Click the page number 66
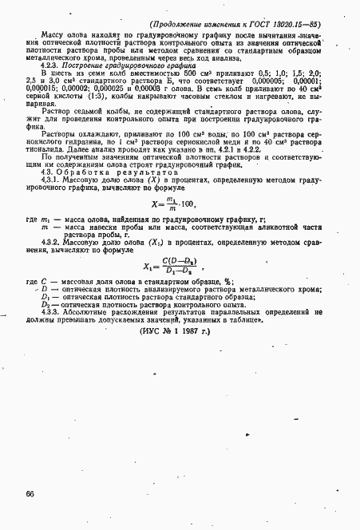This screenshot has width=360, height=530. click(30, 494)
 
